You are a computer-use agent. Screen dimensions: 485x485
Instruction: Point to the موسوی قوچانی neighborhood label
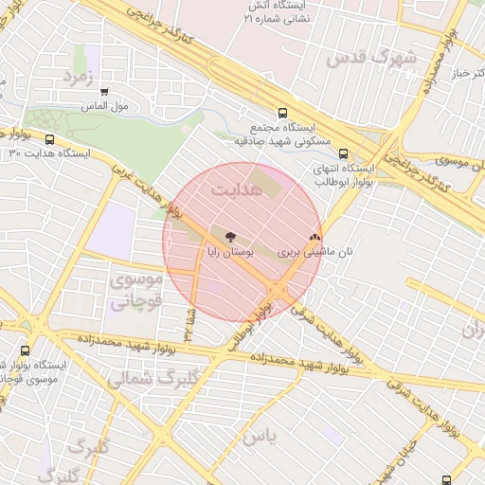tap(136, 291)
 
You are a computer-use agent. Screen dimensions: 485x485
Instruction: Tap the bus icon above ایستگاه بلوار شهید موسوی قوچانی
tap(24, 351)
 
